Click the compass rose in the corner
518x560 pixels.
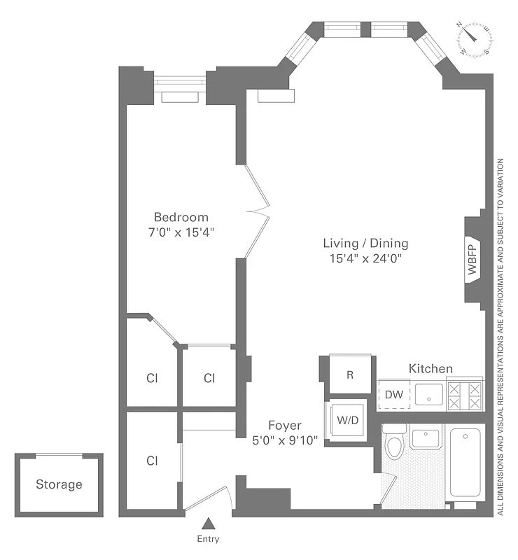pyautogui.click(x=477, y=38)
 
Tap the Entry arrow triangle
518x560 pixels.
pyautogui.click(x=209, y=523)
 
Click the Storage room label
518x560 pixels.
pyautogui.click(x=59, y=484)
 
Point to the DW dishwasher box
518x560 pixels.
pyautogui.click(x=394, y=395)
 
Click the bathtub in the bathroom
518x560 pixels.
pyautogui.click(x=465, y=463)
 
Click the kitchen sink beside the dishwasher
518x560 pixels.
pyautogui.click(x=428, y=394)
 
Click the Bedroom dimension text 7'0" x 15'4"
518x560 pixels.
pyautogui.click(x=181, y=232)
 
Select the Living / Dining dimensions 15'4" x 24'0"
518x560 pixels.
pyautogui.click(x=365, y=258)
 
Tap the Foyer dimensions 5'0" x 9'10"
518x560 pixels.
pyautogui.click(x=285, y=440)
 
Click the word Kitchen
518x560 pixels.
pyautogui.click(x=430, y=368)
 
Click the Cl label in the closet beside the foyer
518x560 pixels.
pyautogui.click(x=152, y=461)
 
